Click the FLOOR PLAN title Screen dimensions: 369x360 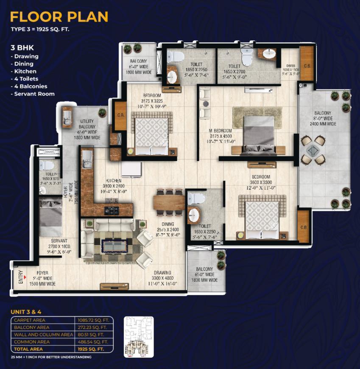(x=59, y=17)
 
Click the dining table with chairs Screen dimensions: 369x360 (x=169, y=201)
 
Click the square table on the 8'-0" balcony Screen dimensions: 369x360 (x=313, y=150)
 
